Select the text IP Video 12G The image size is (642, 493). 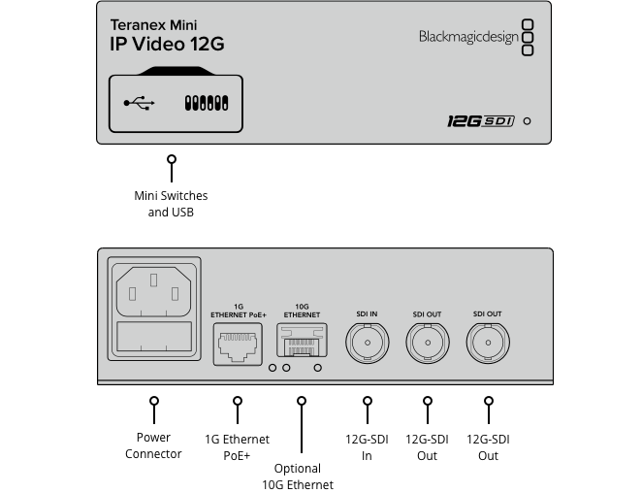point(167,45)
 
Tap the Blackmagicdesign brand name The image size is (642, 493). point(467,37)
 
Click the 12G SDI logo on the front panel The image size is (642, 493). point(479,121)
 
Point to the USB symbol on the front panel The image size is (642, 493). point(139,102)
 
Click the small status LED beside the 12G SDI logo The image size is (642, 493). point(527,122)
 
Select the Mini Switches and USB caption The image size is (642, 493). point(171,204)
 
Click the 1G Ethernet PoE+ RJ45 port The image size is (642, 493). point(237,344)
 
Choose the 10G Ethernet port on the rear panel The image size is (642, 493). point(302,343)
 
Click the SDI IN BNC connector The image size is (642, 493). point(367,343)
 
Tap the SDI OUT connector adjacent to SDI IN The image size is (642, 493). point(426,343)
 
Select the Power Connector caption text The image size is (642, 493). point(153,446)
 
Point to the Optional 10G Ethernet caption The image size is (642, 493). point(298,477)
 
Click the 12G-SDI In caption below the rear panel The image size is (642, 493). point(367,446)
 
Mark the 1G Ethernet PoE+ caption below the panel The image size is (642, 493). point(237,446)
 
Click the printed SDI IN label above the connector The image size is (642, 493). point(367,314)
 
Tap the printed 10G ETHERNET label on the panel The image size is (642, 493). point(302,311)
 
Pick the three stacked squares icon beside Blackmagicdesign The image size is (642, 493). point(528,37)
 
